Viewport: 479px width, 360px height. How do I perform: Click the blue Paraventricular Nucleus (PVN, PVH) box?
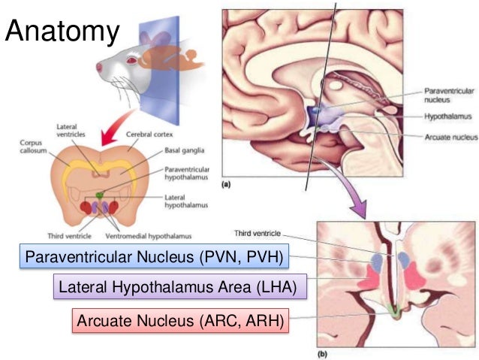153,259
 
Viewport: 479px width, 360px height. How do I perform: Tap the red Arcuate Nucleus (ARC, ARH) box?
180,322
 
